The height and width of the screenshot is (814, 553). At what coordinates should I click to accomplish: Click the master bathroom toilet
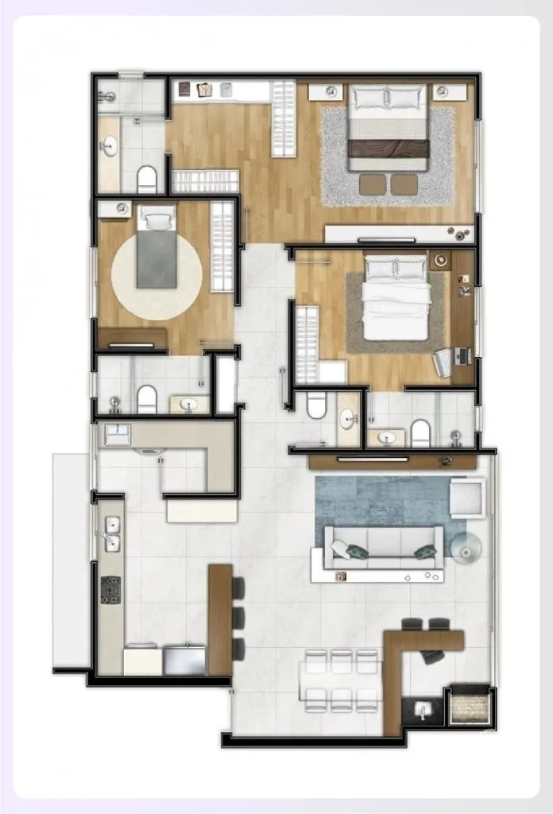tap(147, 179)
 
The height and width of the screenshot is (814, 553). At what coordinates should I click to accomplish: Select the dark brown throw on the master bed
tap(389, 149)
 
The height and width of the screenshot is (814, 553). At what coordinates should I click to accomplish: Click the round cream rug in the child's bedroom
tap(157, 277)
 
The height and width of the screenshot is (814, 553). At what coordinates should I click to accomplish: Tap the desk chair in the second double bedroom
tap(443, 362)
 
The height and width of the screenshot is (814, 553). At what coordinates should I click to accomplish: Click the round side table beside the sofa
tap(466, 547)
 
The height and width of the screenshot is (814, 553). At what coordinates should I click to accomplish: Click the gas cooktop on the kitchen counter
tap(110, 589)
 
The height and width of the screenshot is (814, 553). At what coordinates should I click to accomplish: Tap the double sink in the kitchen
tap(113, 533)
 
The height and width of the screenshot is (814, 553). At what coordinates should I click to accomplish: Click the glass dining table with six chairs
tap(342, 680)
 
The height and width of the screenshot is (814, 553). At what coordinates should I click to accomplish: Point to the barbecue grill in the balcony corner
tap(469, 706)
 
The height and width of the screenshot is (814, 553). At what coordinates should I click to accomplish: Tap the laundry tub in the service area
tap(117, 434)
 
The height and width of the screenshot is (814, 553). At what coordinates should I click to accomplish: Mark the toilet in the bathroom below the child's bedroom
tap(147, 398)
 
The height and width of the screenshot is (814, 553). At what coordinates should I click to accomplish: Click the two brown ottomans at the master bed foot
tap(389, 184)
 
